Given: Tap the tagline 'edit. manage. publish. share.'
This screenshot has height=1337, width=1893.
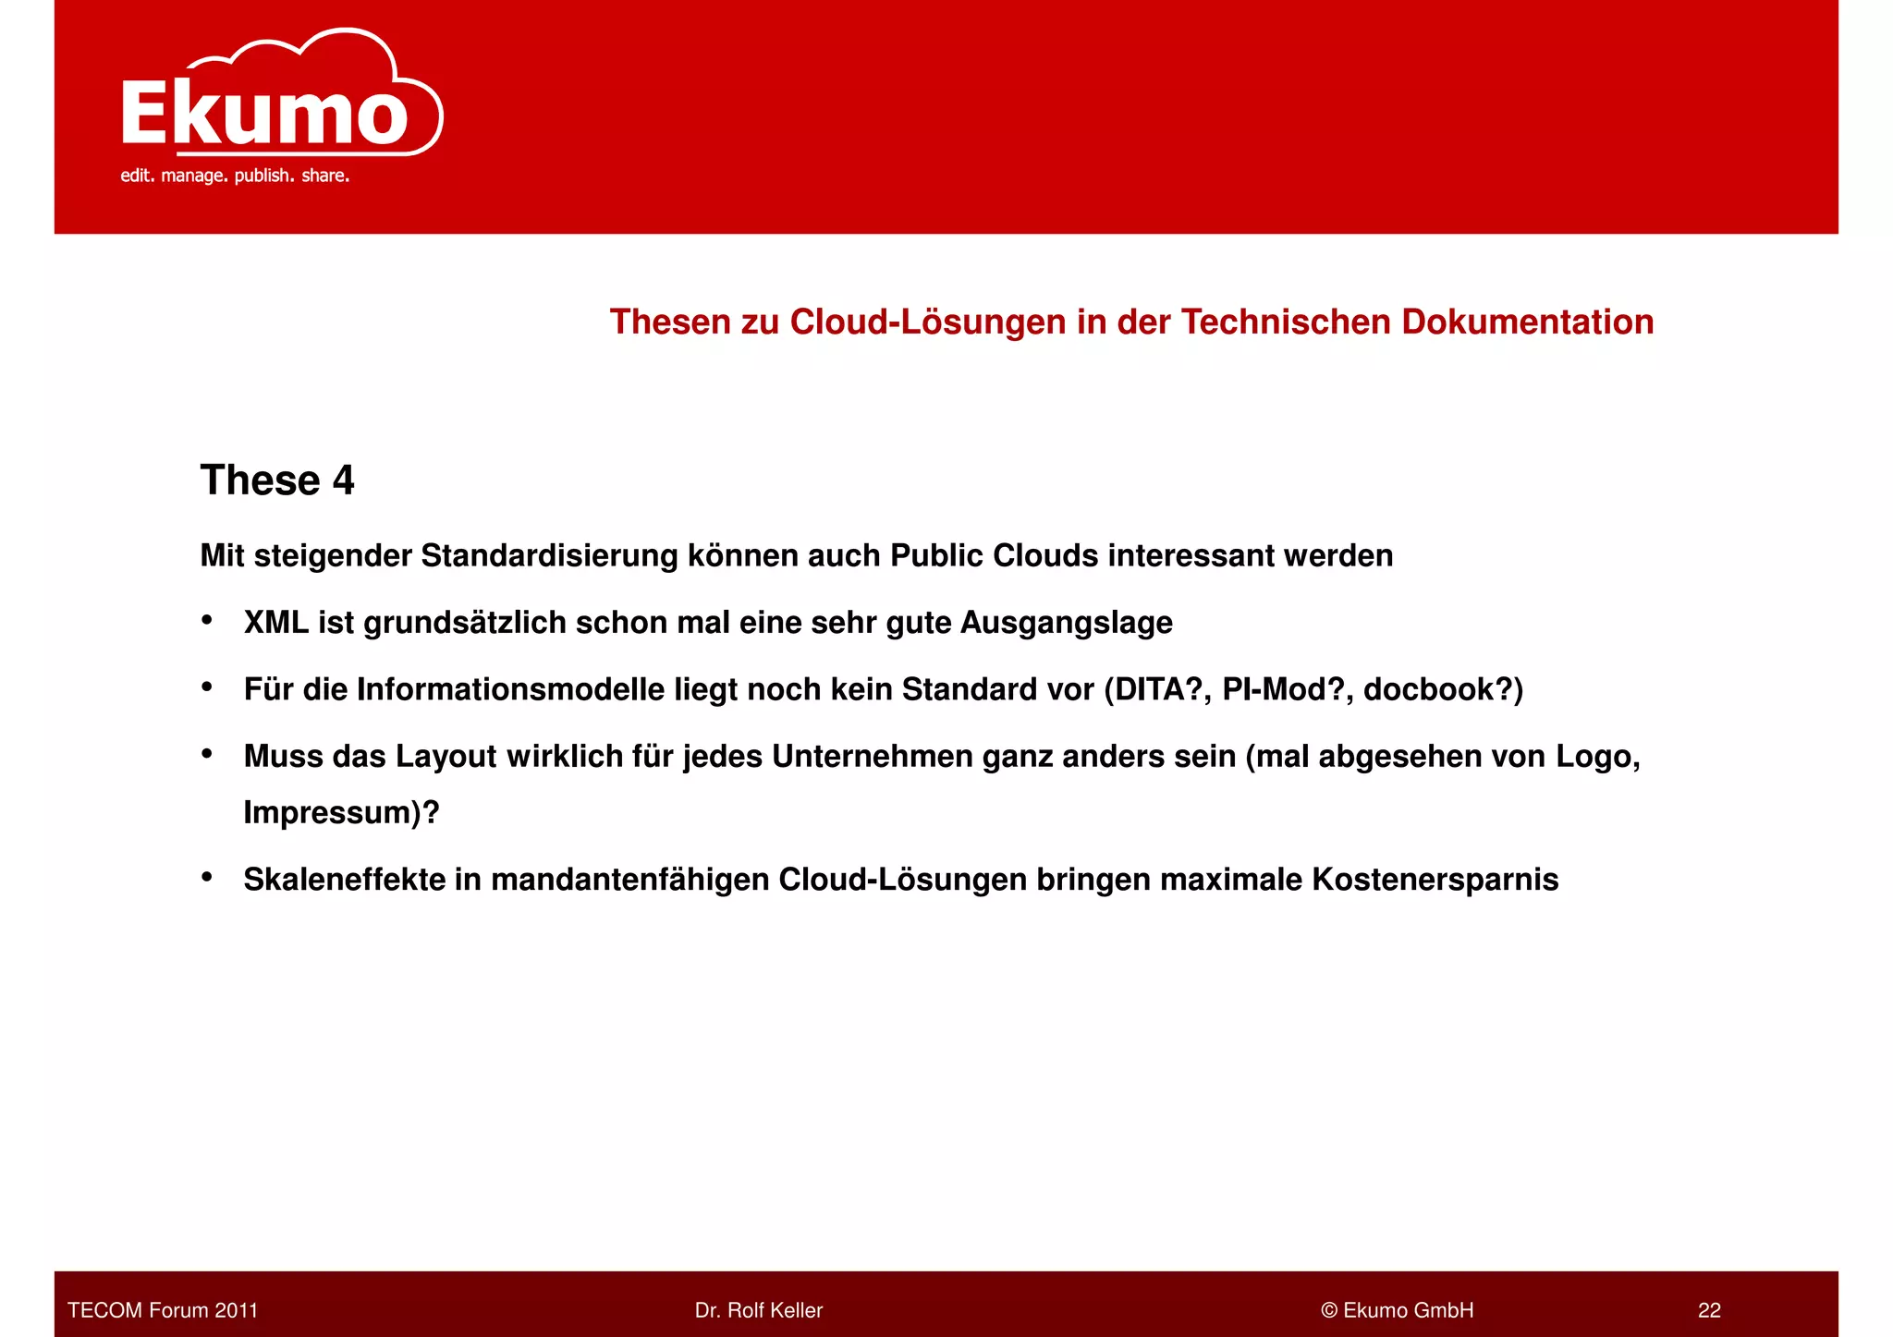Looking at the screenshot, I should point(235,176).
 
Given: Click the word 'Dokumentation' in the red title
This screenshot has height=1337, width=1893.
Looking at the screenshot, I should point(1527,322).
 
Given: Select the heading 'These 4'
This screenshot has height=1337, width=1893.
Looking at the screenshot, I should point(277,480).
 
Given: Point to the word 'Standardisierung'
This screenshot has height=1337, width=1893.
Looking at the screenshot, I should point(549,555).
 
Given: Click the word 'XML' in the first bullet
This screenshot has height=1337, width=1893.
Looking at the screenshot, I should point(275,623).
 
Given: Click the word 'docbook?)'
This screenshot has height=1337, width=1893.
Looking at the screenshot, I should point(1443,689).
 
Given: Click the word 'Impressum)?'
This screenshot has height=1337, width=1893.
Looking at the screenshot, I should point(341,812).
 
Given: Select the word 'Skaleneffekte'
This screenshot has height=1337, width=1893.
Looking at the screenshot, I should point(344,880).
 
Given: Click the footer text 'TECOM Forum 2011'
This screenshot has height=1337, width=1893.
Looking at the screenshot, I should point(163,1310).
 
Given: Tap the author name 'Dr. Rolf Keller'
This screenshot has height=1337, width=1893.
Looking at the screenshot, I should point(758,1310).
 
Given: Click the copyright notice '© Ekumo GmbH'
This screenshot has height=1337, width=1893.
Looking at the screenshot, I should point(1397,1310).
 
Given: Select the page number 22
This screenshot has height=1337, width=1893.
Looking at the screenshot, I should point(1709,1310).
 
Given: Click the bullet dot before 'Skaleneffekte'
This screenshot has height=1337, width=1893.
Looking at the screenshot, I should point(207,876).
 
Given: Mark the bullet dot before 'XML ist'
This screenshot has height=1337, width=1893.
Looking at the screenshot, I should point(207,620).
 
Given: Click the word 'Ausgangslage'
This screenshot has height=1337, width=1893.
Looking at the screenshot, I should point(1066,623).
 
